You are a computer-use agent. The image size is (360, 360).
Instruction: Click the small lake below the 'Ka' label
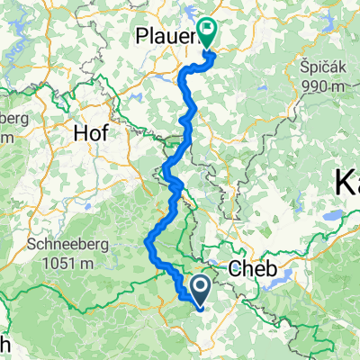tap(334, 217)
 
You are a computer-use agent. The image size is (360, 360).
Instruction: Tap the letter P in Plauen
tap(142, 37)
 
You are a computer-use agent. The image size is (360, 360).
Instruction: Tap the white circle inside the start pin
tap(199, 287)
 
